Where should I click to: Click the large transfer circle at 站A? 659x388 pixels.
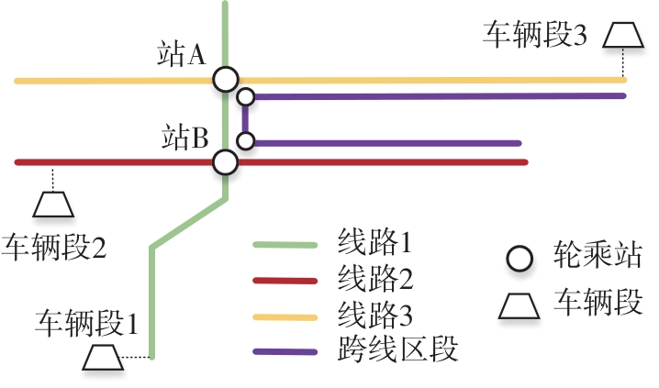coord(225,80)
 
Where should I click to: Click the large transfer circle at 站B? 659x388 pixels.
coord(225,163)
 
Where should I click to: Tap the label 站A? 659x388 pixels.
coord(181,56)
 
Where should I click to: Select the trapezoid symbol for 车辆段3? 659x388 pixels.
coord(624,35)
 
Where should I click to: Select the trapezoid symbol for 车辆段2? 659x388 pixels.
coord(53,204)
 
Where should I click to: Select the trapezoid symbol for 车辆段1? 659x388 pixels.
coord(103,357)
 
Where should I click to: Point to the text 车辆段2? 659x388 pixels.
coord(55,245)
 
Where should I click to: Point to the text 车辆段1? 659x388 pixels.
coord(87,322)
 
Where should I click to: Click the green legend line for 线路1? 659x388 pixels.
coord(286,245)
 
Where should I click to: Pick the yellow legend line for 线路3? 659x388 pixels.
coord(286,316)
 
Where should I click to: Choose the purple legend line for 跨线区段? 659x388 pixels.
coord(286,350)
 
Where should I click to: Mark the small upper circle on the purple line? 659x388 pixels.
coord(245,96)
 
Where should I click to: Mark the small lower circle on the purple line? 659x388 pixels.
coord(245,141)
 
